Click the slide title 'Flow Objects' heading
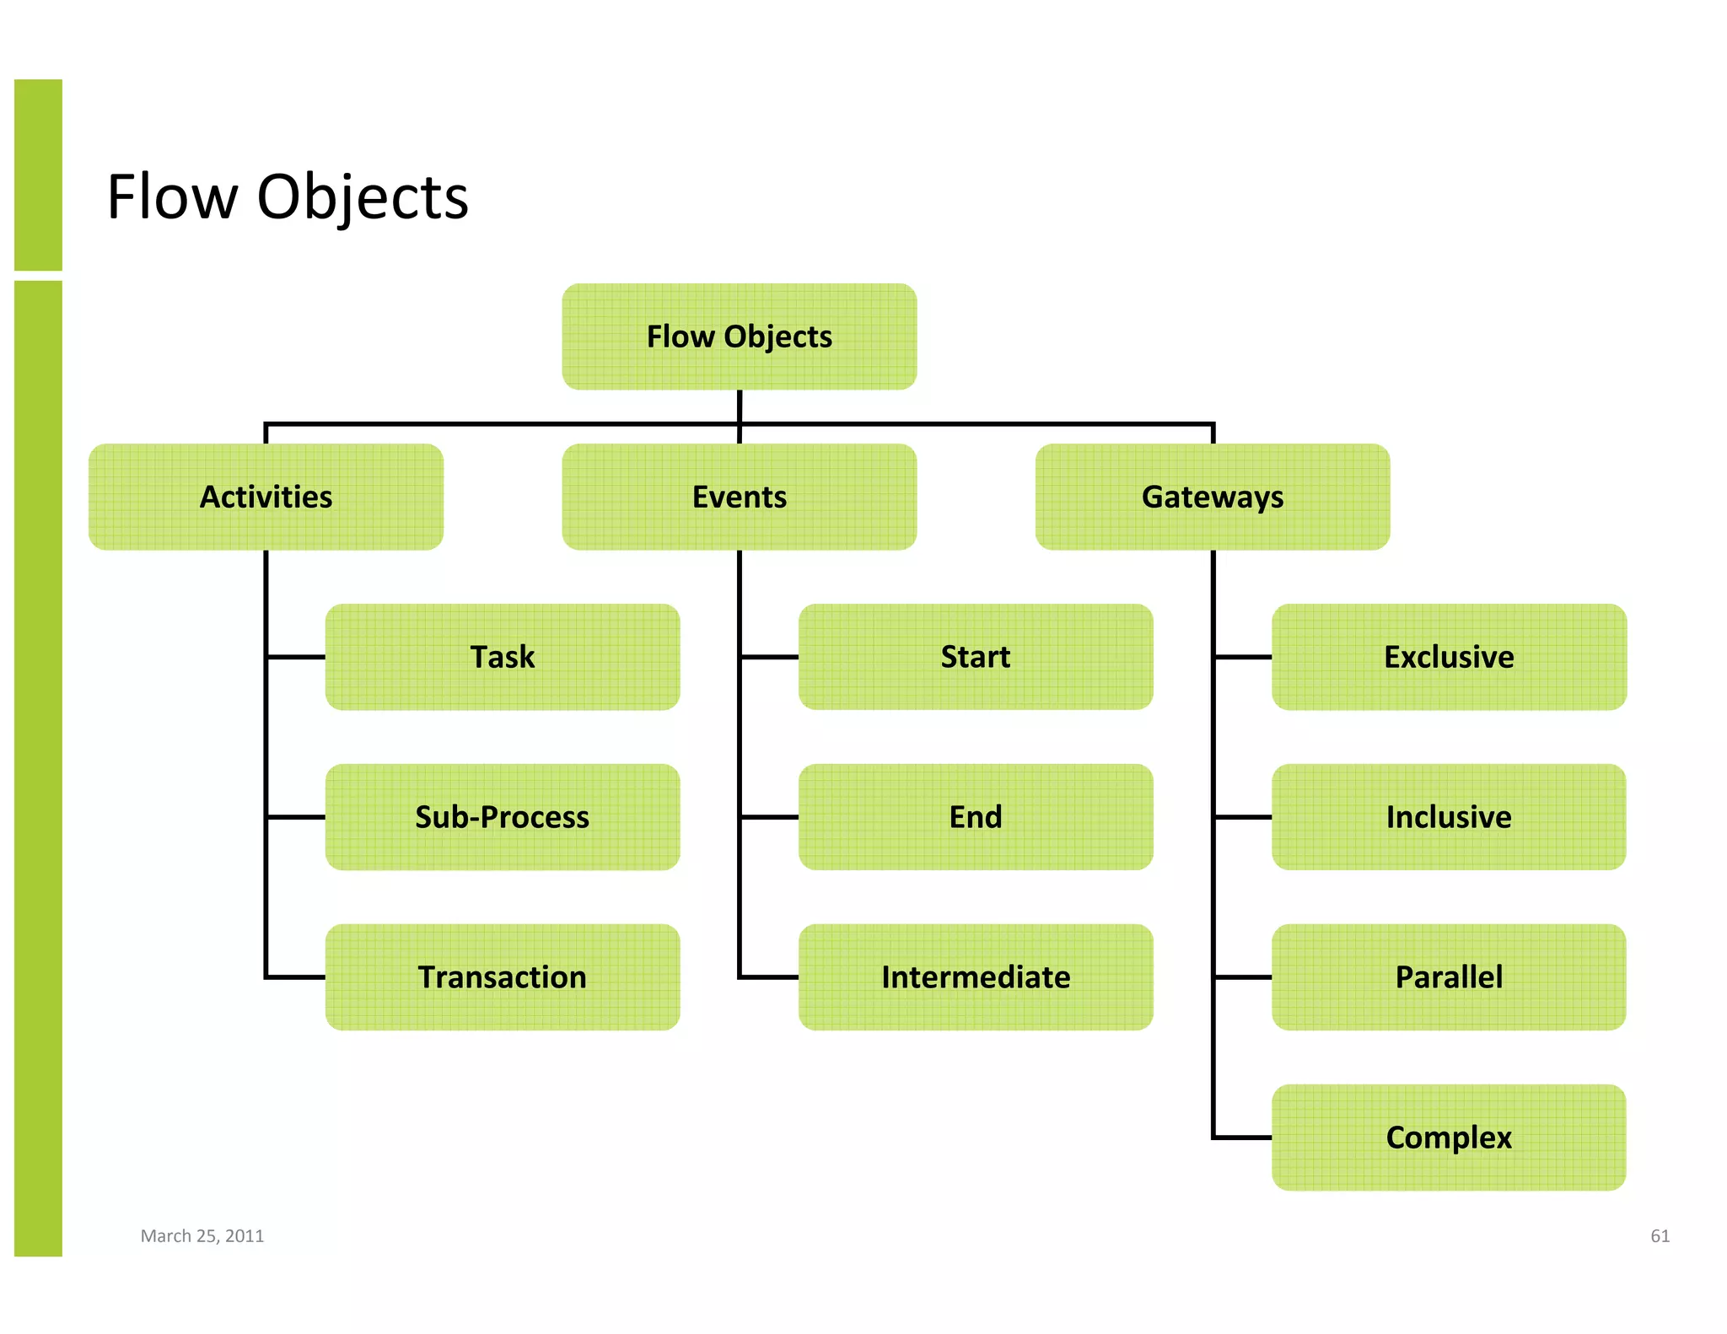pos(288,196)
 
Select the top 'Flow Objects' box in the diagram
pos(739,336)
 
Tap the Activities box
pos(266,497)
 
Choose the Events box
pos(739,497)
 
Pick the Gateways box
pos(1212,497)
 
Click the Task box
pos(502,657)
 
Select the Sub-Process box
pos(502,817)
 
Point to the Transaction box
pos(502,977)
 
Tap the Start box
pos(975,657)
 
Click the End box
pos(975,817)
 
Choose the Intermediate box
pos(975,977)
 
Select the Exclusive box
pos(1448,657)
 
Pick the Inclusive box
pos(1448,817)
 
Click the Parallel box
pos(1448,977)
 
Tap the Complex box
pos(1448,1138)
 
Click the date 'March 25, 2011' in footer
pos(202,1236)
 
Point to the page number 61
pos(1660,1236)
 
